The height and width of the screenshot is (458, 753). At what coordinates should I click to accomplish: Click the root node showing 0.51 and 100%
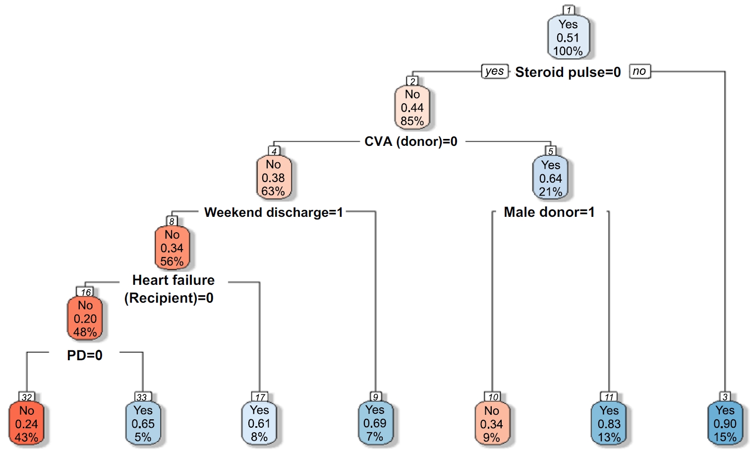click(x=568, y=38)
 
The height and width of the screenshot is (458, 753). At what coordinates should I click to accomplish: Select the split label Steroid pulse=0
click(x=568, y=72)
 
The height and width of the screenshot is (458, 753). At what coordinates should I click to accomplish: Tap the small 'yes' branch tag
click(x=494, y=71)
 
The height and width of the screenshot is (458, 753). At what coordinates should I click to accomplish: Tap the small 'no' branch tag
click(x=639, y=71)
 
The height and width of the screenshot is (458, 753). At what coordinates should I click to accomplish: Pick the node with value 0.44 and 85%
click(x=412, y=108)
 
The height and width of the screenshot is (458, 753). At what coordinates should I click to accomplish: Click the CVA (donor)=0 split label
click(x=411, y=142)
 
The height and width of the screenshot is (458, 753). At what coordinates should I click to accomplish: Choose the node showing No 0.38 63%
click(x=274, y=178)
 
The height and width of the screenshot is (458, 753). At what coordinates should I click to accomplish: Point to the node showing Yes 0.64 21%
click(x=551, y=179)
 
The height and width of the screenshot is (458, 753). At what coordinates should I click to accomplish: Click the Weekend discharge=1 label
click(x=274, y=212)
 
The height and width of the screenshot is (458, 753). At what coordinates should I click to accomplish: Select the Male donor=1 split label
click(x=549, y=212)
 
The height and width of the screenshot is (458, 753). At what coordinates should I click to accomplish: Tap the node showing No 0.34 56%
click(x=172, y=248)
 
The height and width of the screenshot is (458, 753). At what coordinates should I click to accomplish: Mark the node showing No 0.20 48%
click(x=85, y=319)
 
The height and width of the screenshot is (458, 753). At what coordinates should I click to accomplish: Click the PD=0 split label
click(x=85, y=355)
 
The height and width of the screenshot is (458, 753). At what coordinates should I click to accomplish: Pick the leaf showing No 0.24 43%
click(x=27, y=424)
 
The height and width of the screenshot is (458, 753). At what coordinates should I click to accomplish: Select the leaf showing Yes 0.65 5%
click(x=143, y=424)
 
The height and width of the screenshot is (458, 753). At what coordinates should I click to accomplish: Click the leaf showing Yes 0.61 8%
click(x=259, y=424)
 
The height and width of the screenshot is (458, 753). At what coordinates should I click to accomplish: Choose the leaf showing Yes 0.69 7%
click(x=375, y=423)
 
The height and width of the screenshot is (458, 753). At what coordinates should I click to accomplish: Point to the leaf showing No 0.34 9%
click(x=492, y=424)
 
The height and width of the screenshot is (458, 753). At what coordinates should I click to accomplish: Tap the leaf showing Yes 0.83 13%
click(x=609, y=424)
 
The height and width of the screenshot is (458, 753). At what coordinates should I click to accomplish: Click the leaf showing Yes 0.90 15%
click(x=725, y=424)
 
